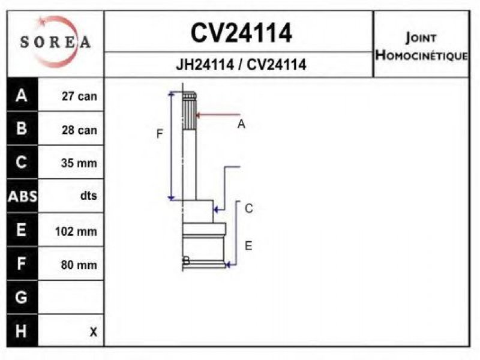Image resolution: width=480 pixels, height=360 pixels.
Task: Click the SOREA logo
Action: (55, 41)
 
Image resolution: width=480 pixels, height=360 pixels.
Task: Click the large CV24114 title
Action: (241, 33)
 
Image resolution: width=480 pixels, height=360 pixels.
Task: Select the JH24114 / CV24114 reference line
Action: (241, 65)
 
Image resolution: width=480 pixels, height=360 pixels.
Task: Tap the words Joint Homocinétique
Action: (422, 47)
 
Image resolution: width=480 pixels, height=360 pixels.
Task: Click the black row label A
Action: (22, 95)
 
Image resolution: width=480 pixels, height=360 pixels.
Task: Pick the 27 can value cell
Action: (79, 96)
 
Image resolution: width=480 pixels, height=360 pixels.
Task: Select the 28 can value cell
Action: (79, 130)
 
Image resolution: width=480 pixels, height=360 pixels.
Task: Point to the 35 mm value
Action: (79, 163)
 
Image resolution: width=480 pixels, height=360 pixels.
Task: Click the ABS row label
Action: (22, 196)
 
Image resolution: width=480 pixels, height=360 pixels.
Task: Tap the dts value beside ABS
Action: (88, 196)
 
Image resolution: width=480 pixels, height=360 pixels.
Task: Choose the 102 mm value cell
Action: (76, 231)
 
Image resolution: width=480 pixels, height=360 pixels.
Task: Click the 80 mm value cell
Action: (79, 265)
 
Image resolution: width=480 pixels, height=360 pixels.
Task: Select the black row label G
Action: (21, 297)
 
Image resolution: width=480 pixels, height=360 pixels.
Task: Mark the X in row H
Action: (94, 332)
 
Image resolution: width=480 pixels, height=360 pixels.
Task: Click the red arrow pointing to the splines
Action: (218, 115)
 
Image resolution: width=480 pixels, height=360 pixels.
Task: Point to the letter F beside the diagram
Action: (160, 134)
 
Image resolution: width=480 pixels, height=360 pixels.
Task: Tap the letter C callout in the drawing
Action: (249, 208)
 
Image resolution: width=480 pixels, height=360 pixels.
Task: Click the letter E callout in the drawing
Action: (248, 246)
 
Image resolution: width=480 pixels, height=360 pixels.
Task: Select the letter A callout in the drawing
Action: (241, 124)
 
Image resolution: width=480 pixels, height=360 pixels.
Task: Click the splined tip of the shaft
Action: (189, 111)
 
